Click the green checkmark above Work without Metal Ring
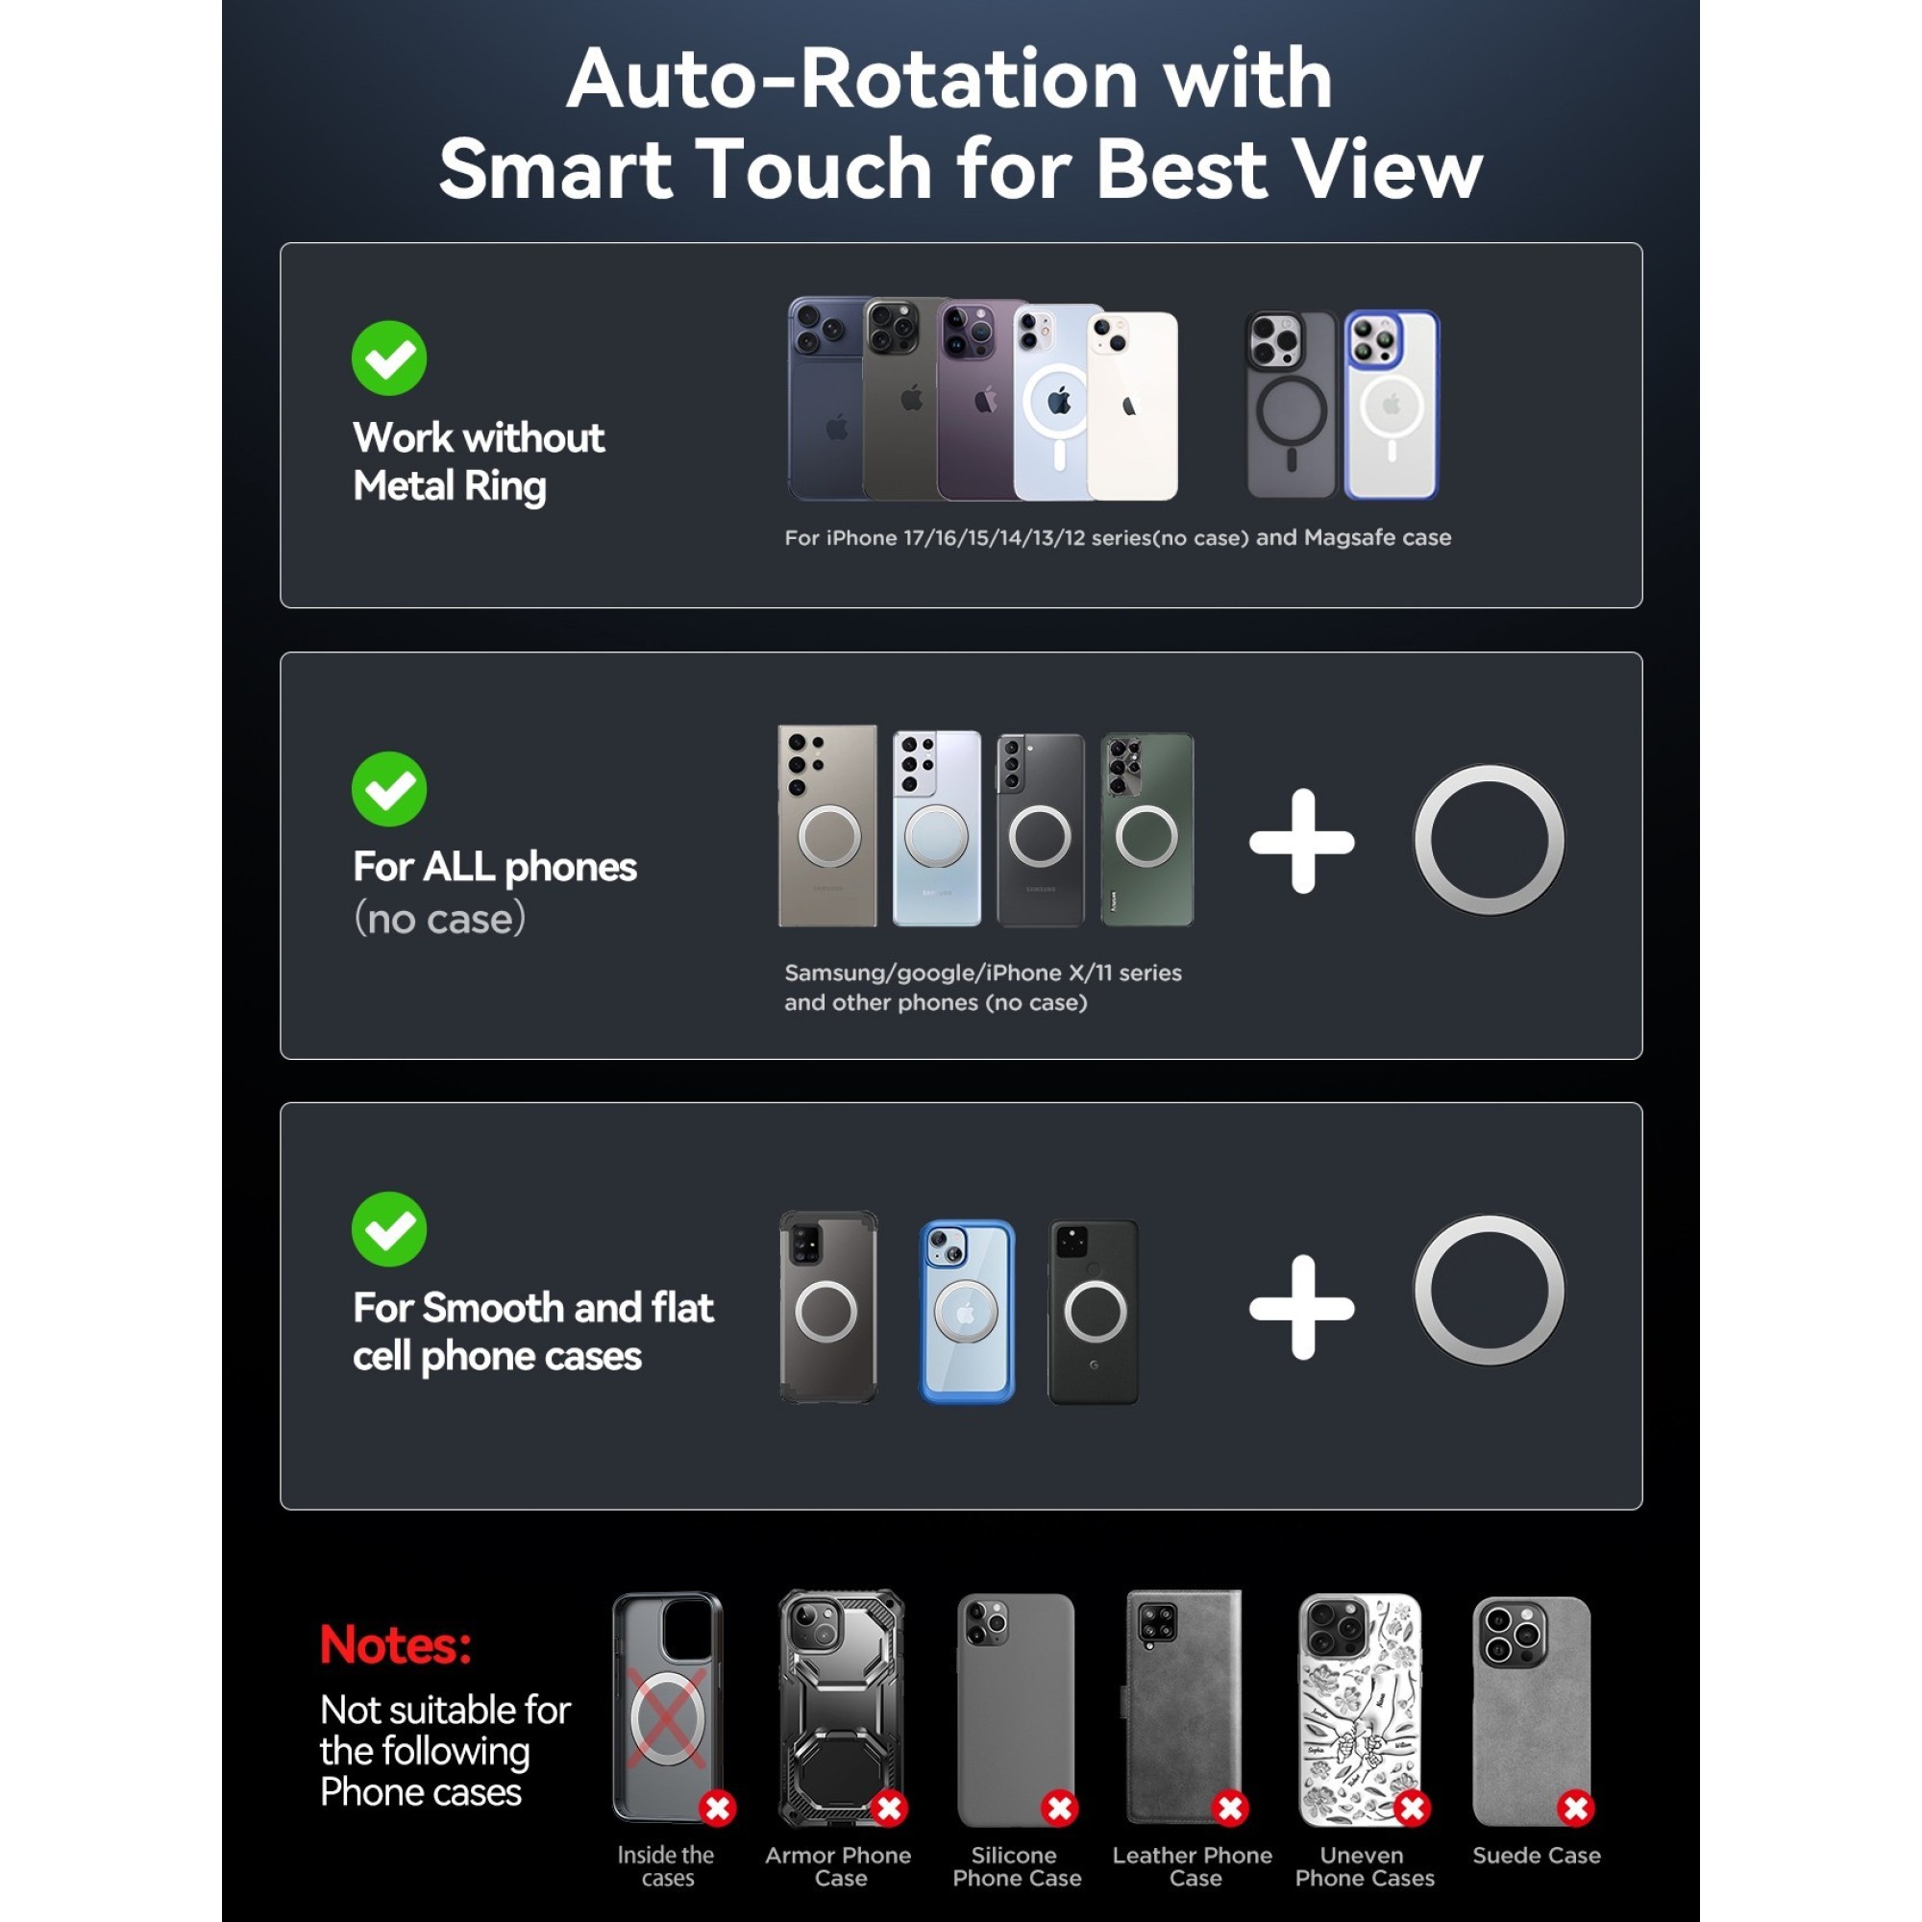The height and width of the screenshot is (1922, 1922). click(389, 358)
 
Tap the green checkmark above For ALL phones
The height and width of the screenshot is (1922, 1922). click(389, 789)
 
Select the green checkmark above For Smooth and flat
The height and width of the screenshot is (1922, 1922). click(389, 1230)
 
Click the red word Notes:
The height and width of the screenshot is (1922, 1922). click(395, 1646)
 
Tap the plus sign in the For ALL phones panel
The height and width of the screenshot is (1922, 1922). click(1301, 842)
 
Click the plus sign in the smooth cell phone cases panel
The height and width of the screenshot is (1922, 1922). click(1301, 1307)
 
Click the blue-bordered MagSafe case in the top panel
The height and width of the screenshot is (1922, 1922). click(1392, 404)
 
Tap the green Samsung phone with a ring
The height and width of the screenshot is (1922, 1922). click(1147, 829)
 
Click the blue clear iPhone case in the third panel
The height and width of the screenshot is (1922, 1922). click(967, 1311)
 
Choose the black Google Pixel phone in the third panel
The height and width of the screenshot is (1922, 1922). click(1094, 1311)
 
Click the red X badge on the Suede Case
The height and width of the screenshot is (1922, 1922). click(1576, 1808)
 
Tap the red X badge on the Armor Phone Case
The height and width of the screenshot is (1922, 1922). click(889, 1808)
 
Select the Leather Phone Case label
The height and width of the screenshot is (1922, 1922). click(1192, 1866)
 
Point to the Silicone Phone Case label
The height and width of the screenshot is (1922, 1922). click(1017, 1866)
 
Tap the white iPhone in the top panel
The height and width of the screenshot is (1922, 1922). click(1132, 406)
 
